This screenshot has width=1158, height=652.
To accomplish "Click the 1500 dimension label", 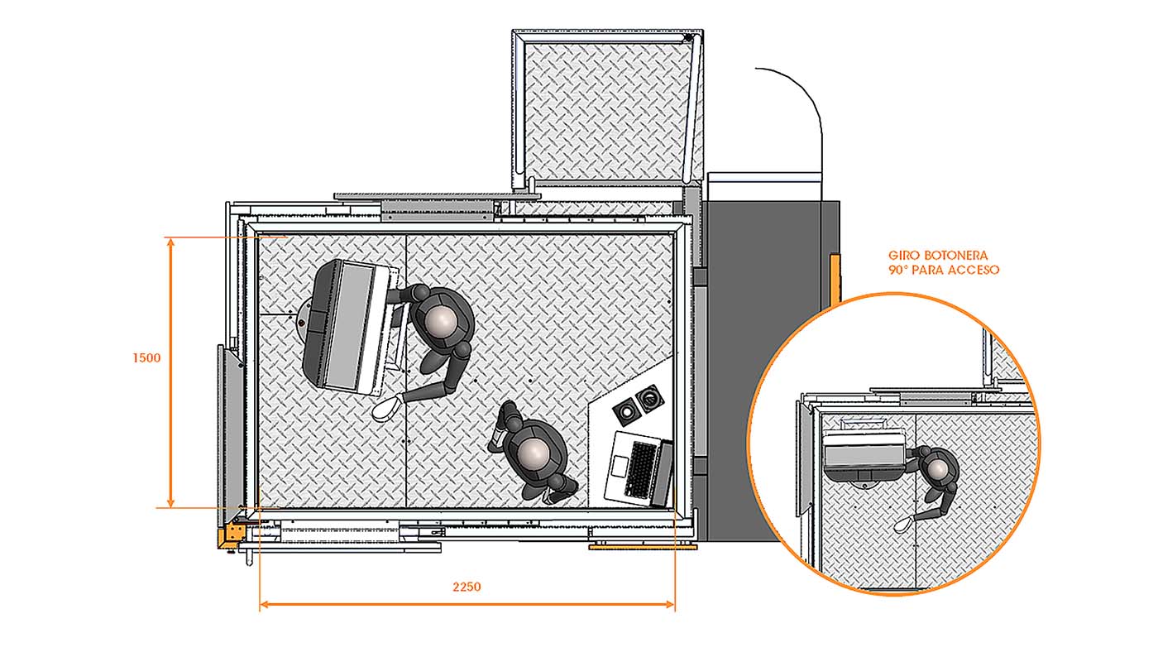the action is [x=147, y=357].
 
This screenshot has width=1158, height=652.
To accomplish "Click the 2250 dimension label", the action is [x=467, y=587].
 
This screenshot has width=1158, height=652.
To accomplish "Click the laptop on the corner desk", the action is [x=639, y=468].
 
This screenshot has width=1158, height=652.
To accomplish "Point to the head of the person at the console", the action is [x=442, y=320].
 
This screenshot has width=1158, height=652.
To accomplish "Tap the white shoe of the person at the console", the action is [x=386, y=406].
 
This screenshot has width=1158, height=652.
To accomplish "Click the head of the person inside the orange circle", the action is [x=938, y=469].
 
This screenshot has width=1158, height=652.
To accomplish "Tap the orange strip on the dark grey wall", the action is [x=835, y=278].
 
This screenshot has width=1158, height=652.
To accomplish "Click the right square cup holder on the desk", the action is [x=649, y=399].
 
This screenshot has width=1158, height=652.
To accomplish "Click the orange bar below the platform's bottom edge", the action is [x=643, y=546].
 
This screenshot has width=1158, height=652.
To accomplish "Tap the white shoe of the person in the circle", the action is [x=903, y=525].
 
